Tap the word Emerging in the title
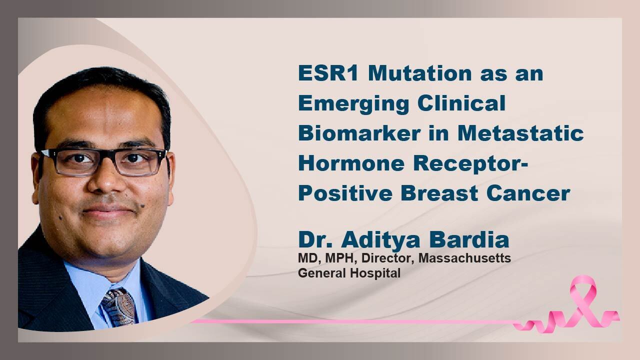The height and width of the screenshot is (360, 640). [x=353, y=104]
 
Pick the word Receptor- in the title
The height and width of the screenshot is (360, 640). [x=470, y=164]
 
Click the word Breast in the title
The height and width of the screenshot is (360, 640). [x=439, y=193]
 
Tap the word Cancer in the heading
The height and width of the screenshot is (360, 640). [x=528, y=193]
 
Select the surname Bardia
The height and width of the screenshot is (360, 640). [x=469, y=239]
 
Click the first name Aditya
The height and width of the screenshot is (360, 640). [x=381, y=240]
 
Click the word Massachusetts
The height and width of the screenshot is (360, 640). [x=464, y=258]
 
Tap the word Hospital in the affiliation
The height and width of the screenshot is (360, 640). [x=375, y=273]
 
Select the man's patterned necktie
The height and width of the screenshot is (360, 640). [x=118, y=307]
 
